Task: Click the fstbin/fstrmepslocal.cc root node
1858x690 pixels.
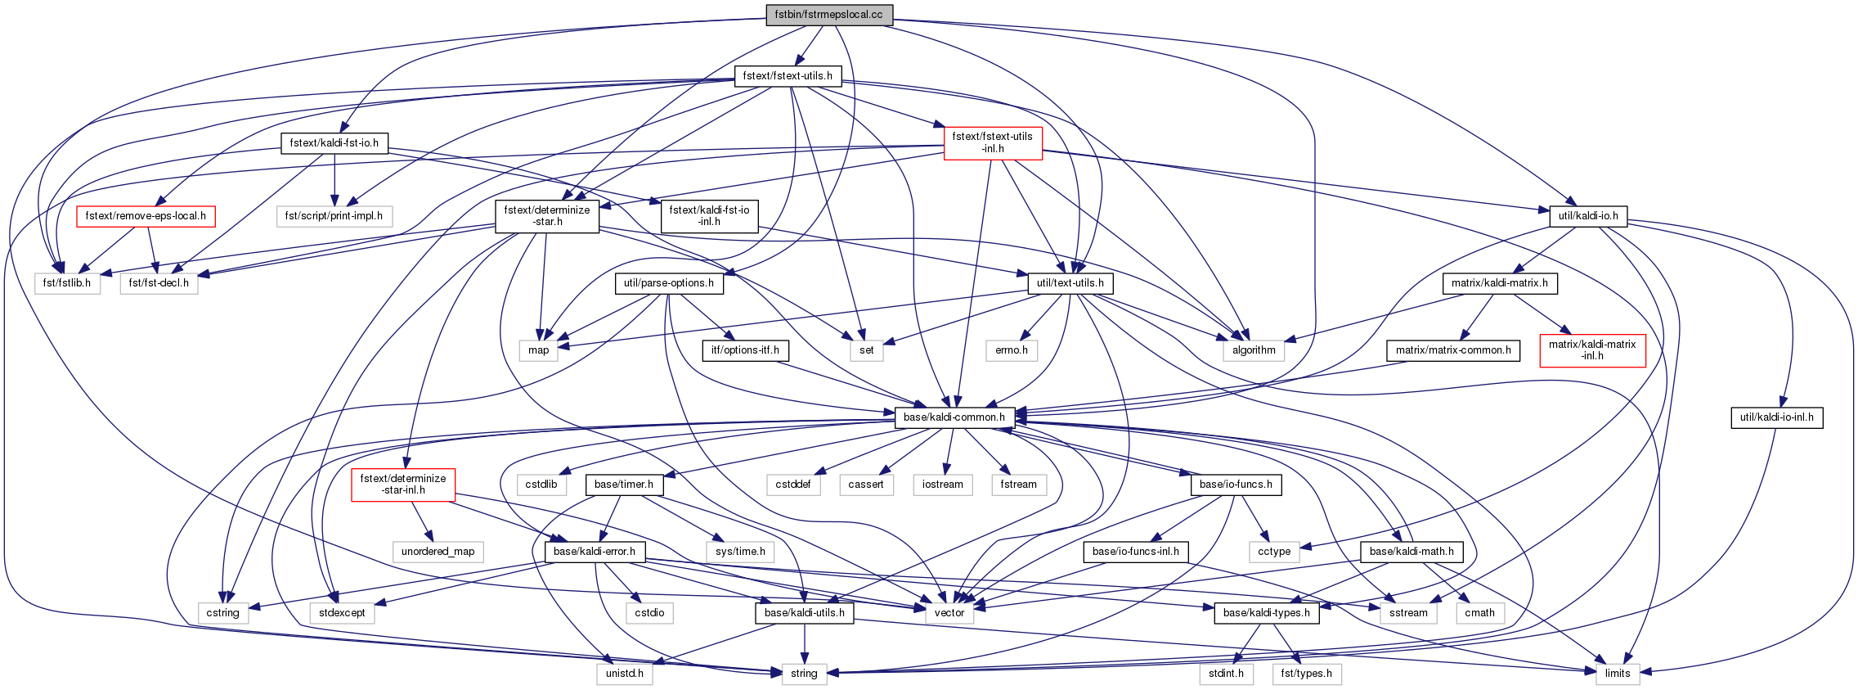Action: (x=829, y=15)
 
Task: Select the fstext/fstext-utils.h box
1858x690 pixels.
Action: (x=788, y=76)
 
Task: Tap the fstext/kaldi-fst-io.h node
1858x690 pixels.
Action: (x=334, y=143)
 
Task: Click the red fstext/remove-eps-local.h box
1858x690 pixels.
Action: (x=146, y=217)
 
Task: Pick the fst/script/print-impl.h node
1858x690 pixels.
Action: (x=334, y=217)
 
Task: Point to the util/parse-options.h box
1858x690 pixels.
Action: (x=669, y=284)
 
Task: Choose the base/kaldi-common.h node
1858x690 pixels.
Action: (x=954, y=417)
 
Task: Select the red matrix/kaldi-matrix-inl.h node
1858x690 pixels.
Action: (x=1592, y=350)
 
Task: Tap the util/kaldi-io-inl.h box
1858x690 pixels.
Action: (x=1776, y=417)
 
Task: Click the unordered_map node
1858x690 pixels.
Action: (x=438, y=552)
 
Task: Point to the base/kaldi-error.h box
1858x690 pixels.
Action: (x=595, y=552)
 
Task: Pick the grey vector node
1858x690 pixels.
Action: (x=949, y=613)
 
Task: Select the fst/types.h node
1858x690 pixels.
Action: (x=1306, y=674)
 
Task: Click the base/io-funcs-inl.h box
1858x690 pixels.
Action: (x=1136, y=552)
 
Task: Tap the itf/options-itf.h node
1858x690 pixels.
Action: (x=745, y=350)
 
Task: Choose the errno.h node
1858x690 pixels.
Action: (x=1012, y=350)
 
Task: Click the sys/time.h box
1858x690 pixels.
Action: (x=740, y=552)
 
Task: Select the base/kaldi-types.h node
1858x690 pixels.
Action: (x=1266, y=613)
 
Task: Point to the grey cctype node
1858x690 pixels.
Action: (x=1274, y=552)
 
